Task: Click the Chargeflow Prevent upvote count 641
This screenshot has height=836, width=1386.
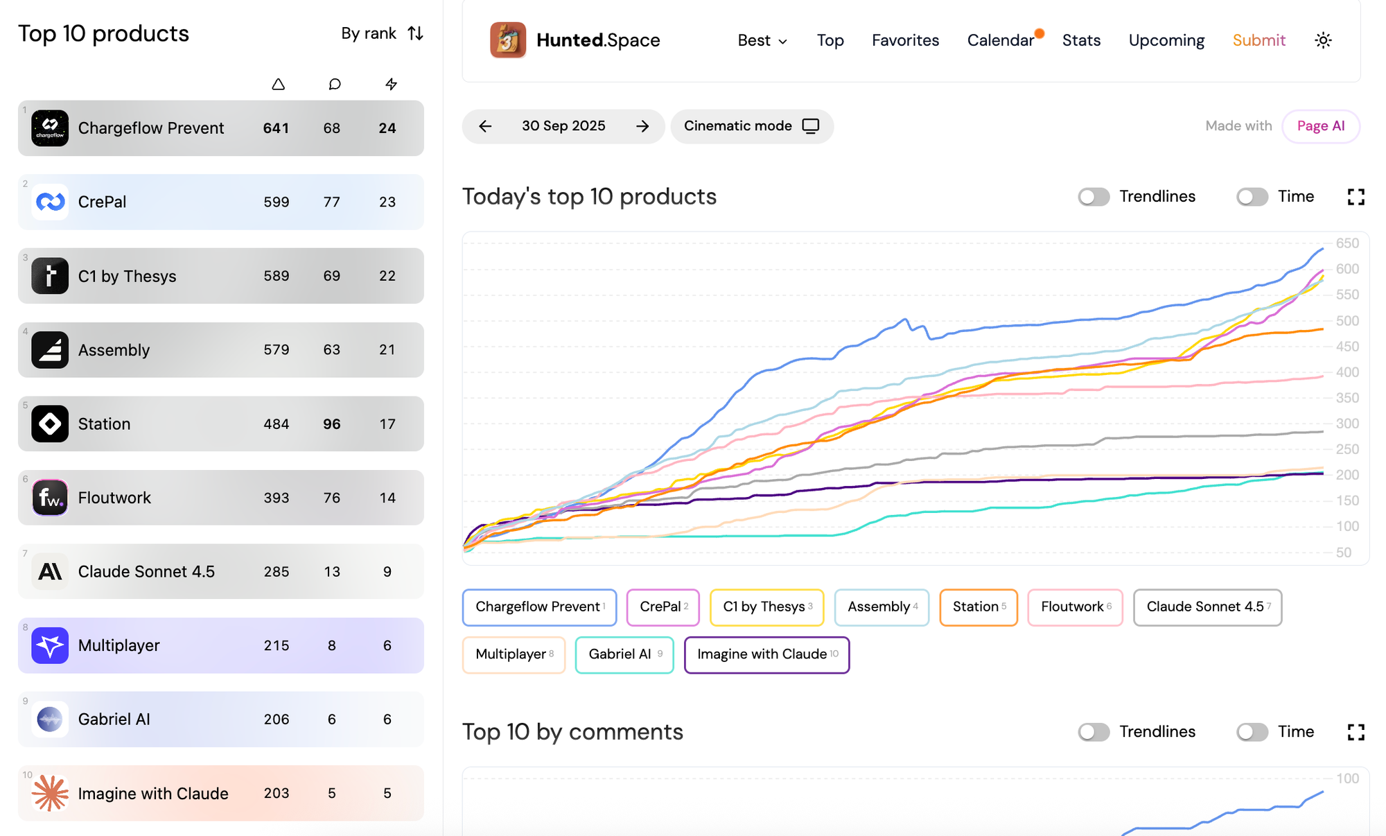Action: (276, 128)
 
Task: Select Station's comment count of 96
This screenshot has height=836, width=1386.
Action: (331, 424)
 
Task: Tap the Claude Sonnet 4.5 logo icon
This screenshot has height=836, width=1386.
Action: (50, 571)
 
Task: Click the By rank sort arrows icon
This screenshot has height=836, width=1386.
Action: (415, 33)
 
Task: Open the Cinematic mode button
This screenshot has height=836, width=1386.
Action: (751, 126)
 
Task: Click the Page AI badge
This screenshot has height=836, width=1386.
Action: (1320, 126)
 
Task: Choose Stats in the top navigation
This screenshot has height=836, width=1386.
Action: (1081, 40)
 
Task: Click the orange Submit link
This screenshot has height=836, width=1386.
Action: (1258, 40)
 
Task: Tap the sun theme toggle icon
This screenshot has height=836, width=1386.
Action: (1323, 40)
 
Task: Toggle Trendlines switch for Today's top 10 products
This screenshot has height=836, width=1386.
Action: (1094, 197)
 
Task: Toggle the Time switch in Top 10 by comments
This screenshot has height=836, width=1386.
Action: (1252, 732)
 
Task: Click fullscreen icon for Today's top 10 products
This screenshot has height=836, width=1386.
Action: (1356, 197)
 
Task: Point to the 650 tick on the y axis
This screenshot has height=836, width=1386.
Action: (1347, 243)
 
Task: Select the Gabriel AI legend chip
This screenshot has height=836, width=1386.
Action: (624, 654)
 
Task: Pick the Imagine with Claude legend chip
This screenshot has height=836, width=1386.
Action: (766, 654)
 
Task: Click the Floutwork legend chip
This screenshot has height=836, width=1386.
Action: (1075, 607)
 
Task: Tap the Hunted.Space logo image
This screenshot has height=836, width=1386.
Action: (507, 40)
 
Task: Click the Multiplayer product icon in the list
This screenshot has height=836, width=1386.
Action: (50, 645)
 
